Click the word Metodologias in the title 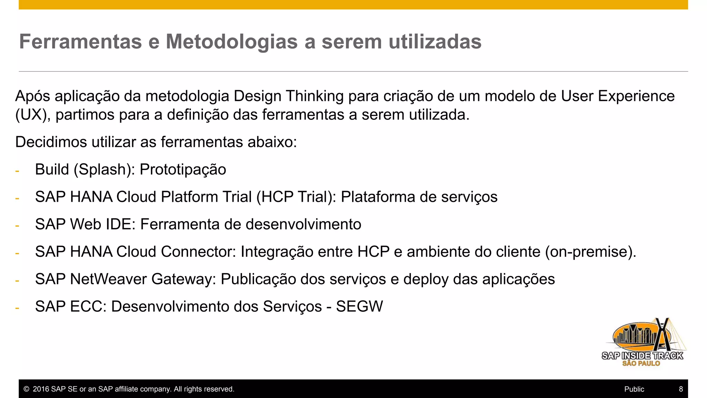(232, 42)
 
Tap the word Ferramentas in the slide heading (80, 42)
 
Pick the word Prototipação (183, 170)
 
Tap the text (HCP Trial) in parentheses (296, 197)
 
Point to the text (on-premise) (590, 252)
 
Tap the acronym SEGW (359, 306)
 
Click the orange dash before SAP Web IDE (17, 226)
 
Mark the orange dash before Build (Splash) (17, 171)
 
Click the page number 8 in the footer (681, 389)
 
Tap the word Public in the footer (634, 389)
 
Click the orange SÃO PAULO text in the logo (641, 363)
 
